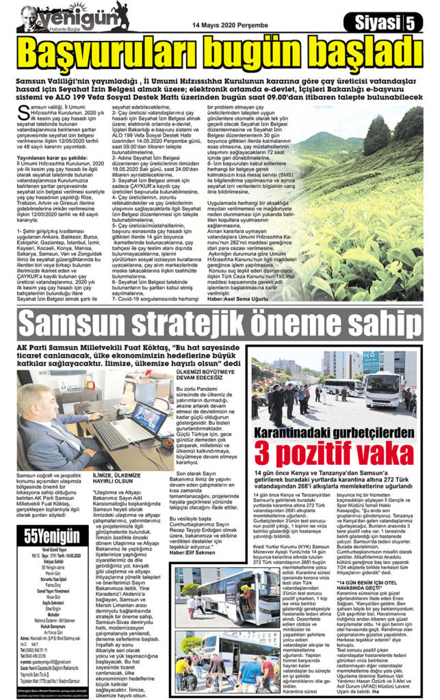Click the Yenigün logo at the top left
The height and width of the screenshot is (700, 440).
(x=65, y=16)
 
